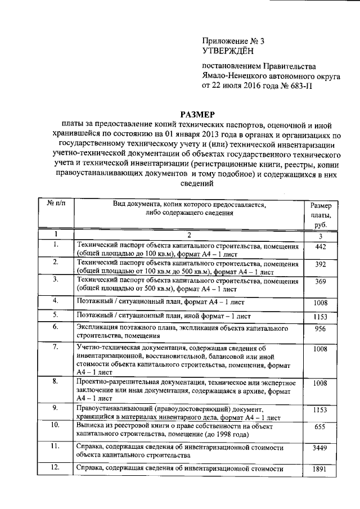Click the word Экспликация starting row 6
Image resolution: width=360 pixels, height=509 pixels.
99,327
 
